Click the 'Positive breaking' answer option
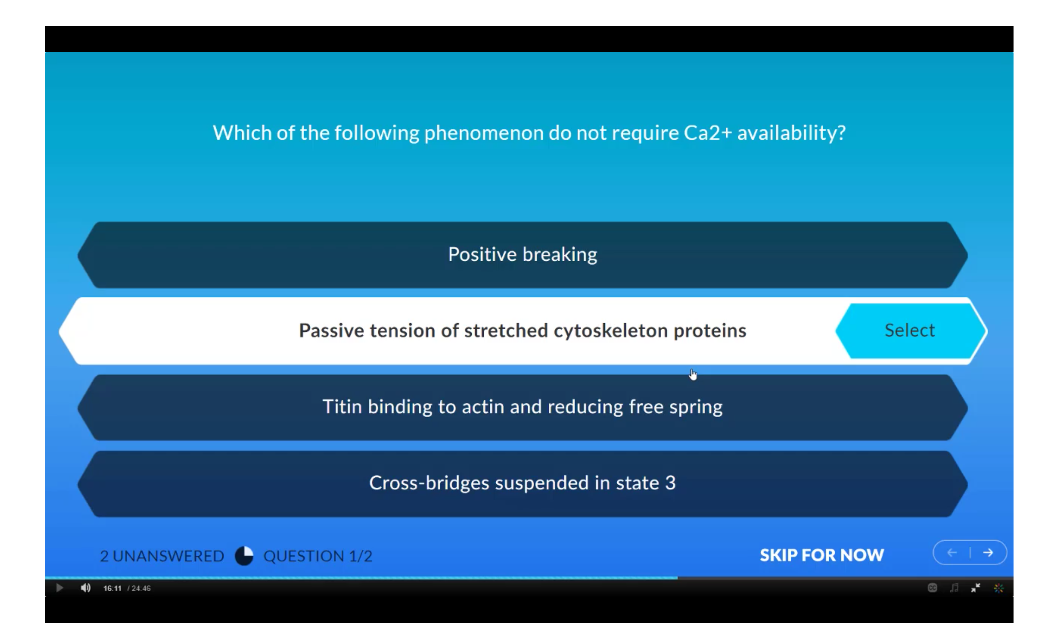pyautogui.click(x=522, y=255)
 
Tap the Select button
pyautogui.click(x=910, y=331)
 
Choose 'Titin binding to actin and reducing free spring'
pyautogui.click(x=522, y=407)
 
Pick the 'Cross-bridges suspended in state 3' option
pyautogui.click(x=522, y=484)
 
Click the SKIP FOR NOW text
pyautogui.click(x=822, y=555)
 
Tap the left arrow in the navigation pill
pyautogui.click(x=952, y=552)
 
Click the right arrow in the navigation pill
pyautogui.click(x=988, y=552)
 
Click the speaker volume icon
pyautogui.click(x=86, y=588)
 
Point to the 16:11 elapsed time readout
pyautogui.click(x=113, y=588)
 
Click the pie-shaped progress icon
pyautogui.click(x=244, y=556)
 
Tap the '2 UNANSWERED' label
pyautogui.click(x=162, y=556)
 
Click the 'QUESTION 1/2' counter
pyautogui.click(x=318, y=556)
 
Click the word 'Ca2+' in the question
pyautogui.click(x=708, y=133)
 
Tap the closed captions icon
pyautogui.click(x=932, y=588)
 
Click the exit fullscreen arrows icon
pyautogui.click(x=976, y=588)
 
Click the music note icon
pyautogui.click(x=954, y=588)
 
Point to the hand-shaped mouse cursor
pyautogui.click(x=693, y=374)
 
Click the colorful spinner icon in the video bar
pyautogui.click(x=999, y=588)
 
